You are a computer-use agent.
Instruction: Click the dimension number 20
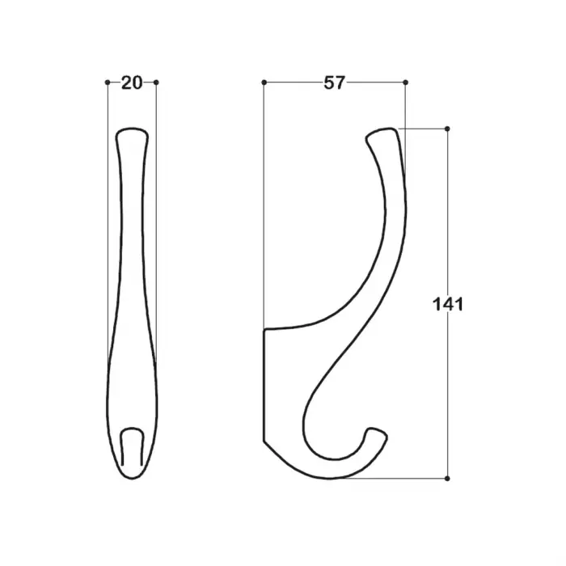132,83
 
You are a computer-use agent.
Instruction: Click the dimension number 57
335,82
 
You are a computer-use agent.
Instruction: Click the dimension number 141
448,304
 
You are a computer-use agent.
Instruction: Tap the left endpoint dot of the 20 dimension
108,82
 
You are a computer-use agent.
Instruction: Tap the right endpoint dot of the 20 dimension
156,82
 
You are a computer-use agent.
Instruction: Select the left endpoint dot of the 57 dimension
264,82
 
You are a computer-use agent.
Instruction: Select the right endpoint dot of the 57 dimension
405,82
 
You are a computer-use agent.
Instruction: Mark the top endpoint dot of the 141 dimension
447,129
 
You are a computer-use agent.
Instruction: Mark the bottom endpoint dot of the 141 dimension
447,479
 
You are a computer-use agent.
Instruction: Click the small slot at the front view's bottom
132,446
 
